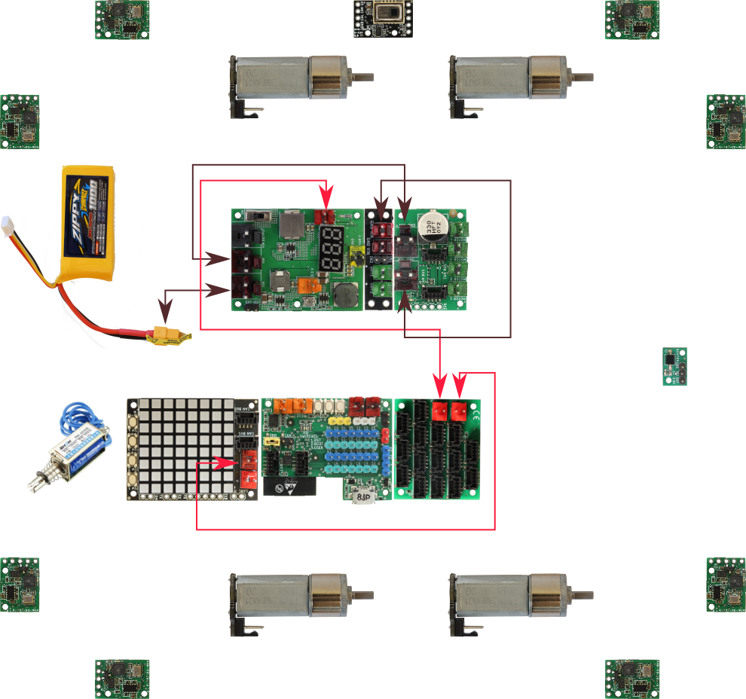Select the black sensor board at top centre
[x=384, y=17]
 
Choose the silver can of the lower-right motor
[x=490, y=596]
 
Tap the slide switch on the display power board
[x=258, y=215]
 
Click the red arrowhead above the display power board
[x=326, y=201]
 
